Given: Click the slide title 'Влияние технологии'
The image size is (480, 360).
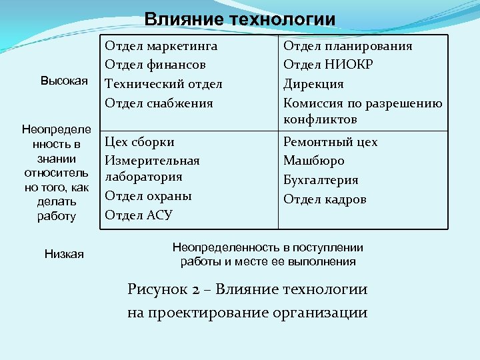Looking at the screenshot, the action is click(240, 19).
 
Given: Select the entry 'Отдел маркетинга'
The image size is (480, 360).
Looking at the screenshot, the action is click(161, 46).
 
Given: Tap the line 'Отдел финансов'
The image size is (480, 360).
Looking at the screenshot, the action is click(155, 65).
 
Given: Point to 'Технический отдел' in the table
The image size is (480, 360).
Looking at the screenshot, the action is click(164, 84).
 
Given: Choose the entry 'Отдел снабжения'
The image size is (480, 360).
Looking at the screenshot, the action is click(159, 103).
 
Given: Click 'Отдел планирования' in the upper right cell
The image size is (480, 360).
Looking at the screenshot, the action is click(348, 46).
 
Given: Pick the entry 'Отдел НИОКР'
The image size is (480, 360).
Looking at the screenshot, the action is click(328, 65).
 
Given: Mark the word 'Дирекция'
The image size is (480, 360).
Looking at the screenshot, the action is click(313, 84).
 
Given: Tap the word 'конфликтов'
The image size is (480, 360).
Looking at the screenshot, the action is click(320, 119).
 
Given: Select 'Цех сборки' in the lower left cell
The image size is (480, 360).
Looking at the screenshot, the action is click(140, 142).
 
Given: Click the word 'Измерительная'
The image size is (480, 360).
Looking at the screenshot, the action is click(153, 161).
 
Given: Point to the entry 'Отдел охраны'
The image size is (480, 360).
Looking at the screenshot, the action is click(149, 196).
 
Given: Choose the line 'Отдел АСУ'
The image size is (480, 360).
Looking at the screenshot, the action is click(139, 215).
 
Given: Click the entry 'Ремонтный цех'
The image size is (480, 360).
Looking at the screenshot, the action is click(331, 142).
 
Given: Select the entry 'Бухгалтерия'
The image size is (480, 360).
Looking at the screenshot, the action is click(321, 180).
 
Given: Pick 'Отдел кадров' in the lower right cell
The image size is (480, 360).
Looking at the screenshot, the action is click(325, 199).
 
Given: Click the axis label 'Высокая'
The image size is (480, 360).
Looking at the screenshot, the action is click(64, 81).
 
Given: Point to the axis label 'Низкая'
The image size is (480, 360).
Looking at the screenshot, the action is click(64, 253).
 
